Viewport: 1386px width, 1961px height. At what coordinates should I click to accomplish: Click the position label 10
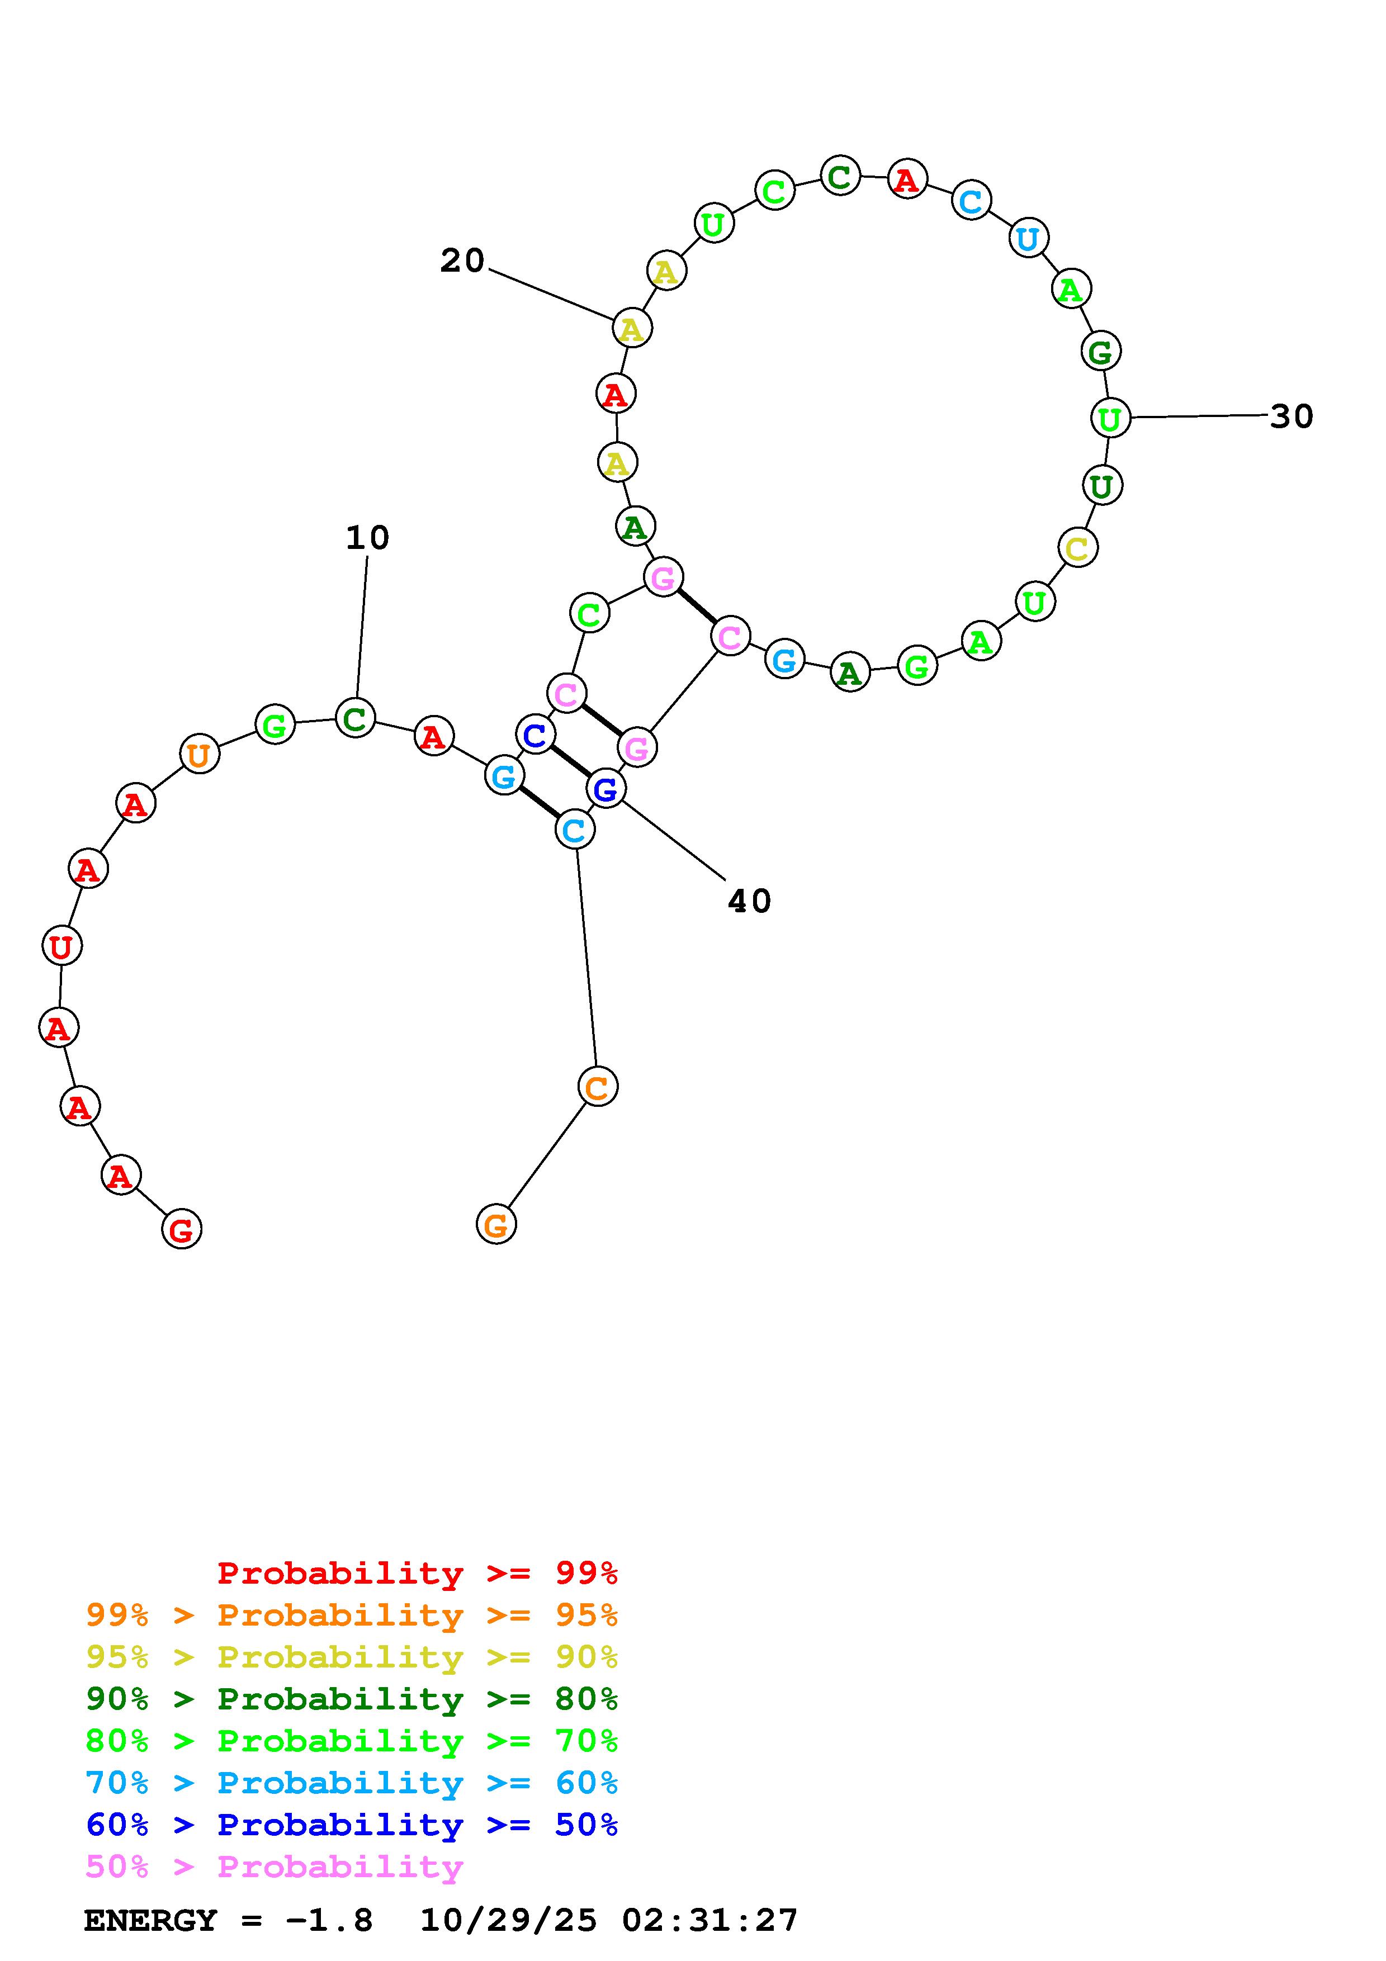coord(367,538)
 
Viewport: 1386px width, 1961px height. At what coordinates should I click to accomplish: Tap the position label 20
coord(462,260)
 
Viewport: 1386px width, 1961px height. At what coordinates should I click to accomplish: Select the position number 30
coord(1291,417)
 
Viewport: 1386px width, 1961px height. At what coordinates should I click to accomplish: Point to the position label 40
coord(749,901)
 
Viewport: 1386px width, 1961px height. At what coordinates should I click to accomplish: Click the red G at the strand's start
coord(181,1230)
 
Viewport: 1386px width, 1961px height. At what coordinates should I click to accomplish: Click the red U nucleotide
coord(62,946)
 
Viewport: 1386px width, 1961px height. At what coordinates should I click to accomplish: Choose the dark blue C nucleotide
coord(536,735)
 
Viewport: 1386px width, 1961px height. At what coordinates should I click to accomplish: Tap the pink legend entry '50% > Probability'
coord(273,1867)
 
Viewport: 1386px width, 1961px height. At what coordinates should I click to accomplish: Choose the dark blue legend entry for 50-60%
coord(351,1825)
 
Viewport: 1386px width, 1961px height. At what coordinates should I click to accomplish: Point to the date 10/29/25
coord(508,1921)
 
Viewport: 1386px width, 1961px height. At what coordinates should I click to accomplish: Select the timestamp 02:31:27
coord(709,1921)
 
